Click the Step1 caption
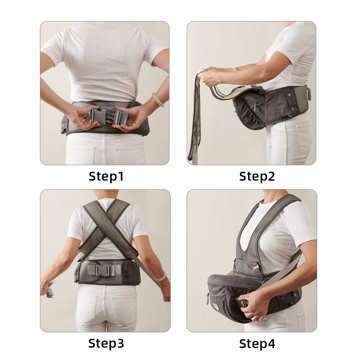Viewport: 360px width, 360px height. pos(106,176)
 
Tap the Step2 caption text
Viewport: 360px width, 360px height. pos(257,176)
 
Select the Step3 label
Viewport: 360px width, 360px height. pos(106,343)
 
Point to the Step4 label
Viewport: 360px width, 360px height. pos(257,343)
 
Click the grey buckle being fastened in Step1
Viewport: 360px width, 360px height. pos(107,116)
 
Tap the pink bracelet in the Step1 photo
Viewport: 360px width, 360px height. pos(158,100)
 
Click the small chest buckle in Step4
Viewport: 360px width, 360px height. pos(256,267)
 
